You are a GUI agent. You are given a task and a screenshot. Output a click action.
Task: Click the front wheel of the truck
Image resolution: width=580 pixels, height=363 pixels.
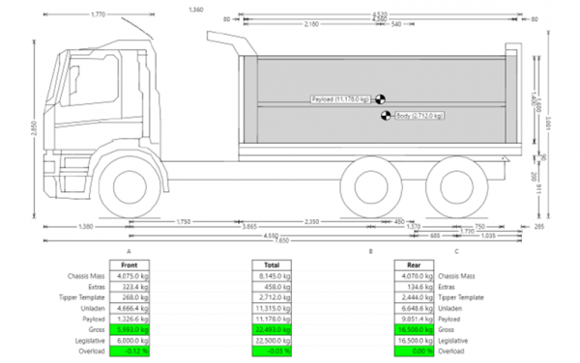coord(130,181)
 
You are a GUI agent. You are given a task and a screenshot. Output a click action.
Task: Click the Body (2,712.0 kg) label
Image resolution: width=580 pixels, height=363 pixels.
coord(420,116)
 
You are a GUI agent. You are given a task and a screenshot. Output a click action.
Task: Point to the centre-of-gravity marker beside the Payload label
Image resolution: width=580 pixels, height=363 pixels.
coord(381,99)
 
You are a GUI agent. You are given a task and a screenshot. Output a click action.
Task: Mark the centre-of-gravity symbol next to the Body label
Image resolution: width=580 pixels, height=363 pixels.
coord(387,116)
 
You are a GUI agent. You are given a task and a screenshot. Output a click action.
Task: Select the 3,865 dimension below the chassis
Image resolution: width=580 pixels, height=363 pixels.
coord(248,224)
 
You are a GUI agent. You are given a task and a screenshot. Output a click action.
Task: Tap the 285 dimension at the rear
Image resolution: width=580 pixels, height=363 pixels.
coord(538,224)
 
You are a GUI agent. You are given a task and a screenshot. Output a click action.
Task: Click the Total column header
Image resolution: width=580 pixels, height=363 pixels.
coord(274,265)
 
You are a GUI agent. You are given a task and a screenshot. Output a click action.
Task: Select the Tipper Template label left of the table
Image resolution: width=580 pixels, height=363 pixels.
coord(83,297)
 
